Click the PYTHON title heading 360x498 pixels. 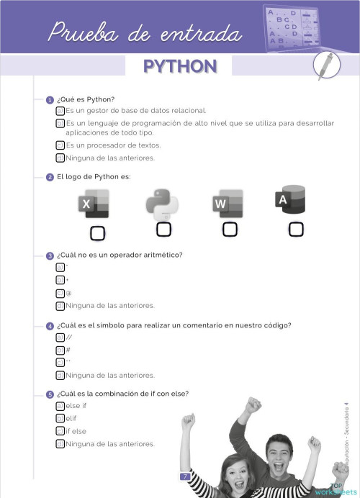click(x=180, y=66)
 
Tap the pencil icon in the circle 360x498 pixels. click(x=328, y=66)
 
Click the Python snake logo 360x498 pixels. click(x=162, y=204)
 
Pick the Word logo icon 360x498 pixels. click(x=228, y=203)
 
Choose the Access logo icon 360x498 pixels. click(x=290, y=201)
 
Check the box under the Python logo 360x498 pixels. click(x=163, y=230)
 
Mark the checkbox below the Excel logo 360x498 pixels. click(x=97, y=233)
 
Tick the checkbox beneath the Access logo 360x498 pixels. click(x=296, y=230)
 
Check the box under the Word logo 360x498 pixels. click(x=230, y=230)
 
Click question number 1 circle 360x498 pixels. click(x=50, y=100)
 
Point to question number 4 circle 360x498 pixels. click(x=50, y=326)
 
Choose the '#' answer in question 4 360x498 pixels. click(x=68, y=350)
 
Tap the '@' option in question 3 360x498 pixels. click(x=68, y=293)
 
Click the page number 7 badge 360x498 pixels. click(x=185, y=476)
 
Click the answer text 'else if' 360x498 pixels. click(x=76, y=406)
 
